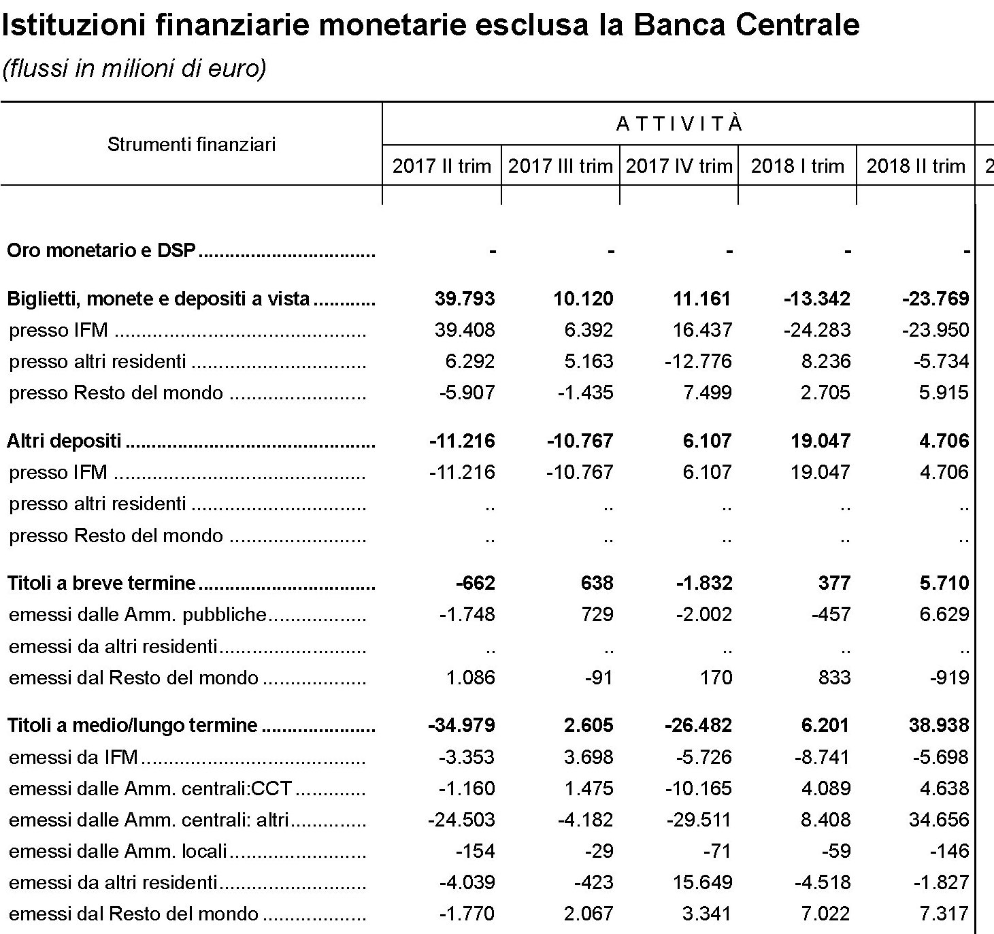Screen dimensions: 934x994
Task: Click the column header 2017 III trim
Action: tap(560, 166)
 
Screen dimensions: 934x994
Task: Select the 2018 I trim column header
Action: tap(797, 166)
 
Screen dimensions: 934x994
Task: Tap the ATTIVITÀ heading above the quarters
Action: tap(679, 124)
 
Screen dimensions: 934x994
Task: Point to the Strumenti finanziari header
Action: tap(191, 144)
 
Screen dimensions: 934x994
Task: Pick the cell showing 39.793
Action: tap(465, 299)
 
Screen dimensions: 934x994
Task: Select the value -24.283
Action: tap(817, 330)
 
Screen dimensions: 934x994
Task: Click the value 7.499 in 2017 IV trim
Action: tap(707, 393)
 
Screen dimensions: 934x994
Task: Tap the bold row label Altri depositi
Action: tap(64, 441)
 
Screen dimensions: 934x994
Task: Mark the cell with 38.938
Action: tap(939, 725)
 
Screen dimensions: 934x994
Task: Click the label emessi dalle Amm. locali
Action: tap(118, 851)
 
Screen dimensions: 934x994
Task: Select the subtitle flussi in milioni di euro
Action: tap(134, 69)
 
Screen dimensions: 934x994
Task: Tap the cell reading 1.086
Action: tap(470, 678)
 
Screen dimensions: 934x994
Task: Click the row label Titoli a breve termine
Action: tap(101, 583)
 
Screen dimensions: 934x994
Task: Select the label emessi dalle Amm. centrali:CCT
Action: tap(150, 788)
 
